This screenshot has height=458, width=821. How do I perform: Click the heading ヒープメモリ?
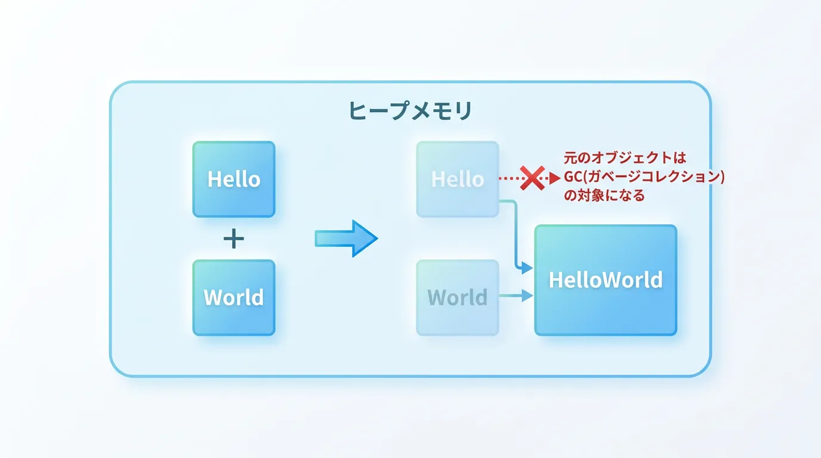[410, 111]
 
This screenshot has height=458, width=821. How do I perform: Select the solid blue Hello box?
[234, 179]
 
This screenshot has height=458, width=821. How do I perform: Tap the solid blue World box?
[234, 298]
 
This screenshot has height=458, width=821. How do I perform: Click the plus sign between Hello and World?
[234, 239]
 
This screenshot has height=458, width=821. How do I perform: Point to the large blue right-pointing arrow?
[346, 239]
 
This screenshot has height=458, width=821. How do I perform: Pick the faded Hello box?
[458, 179]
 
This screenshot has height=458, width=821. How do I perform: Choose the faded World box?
[458, 298]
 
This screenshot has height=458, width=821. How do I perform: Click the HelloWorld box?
[606, 280]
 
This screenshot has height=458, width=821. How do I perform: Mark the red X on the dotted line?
[532, 178]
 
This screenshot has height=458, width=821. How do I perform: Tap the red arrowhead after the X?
[555, 178]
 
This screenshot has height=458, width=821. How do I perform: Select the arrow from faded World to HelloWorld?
[516, 295]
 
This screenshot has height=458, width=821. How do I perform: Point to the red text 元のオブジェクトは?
[625, 158]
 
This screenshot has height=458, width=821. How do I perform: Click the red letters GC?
[573, 177]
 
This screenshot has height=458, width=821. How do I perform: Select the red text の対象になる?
[604, 195]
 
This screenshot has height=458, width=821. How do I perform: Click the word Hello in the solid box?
[234, 179]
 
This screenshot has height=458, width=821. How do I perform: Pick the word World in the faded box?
[458, 297]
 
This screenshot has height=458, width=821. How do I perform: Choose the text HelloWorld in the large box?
[606, 280]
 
